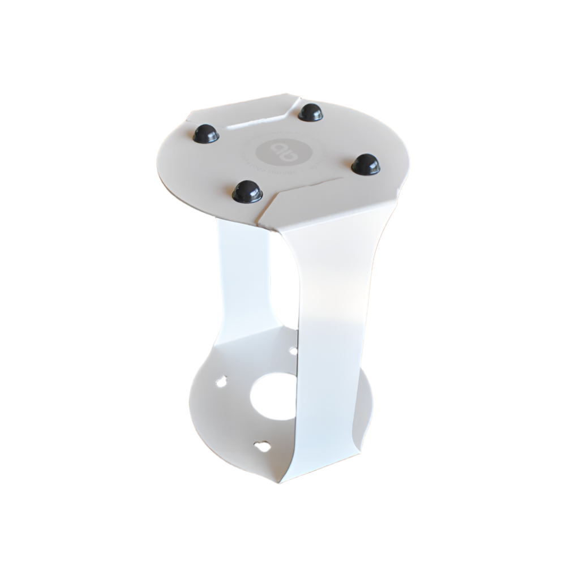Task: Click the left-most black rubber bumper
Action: click(x=205, y=134)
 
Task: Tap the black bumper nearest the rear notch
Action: click(x=310, y=112)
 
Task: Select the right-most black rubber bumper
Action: click(x=366, y=164)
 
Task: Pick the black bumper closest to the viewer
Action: click(x=247, y=191)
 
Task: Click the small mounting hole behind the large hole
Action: click(x=293, y=351)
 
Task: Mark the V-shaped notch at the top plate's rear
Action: click(x=295, y=105)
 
